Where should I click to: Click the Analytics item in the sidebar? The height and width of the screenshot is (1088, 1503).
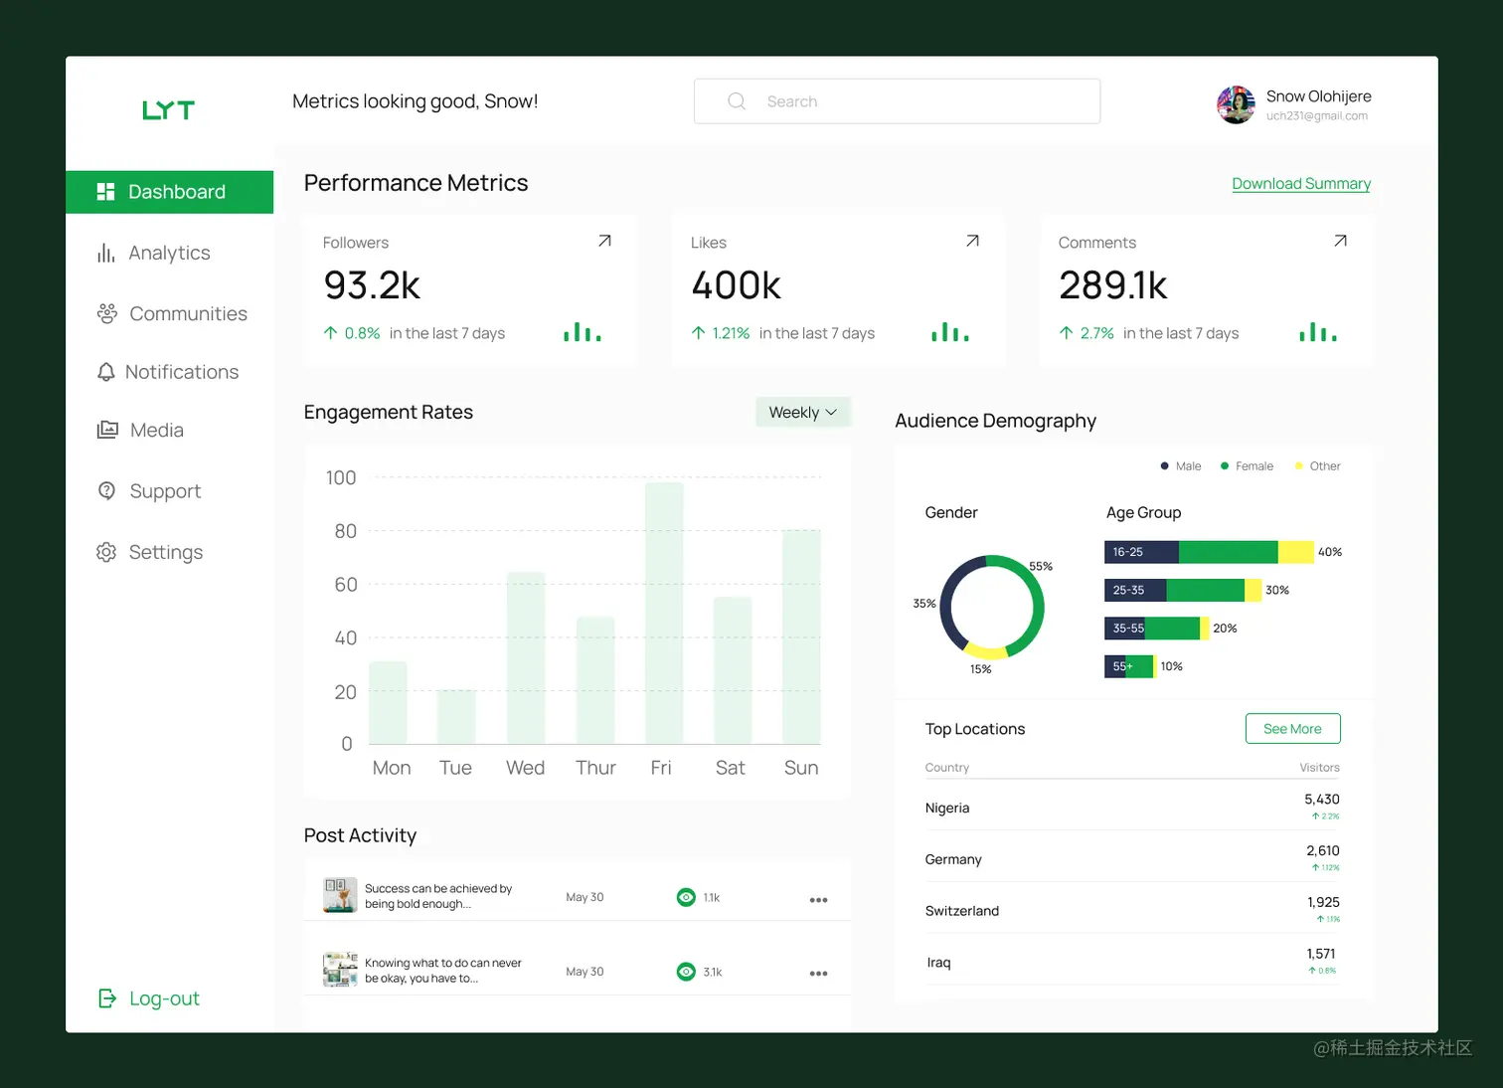pos(168,254)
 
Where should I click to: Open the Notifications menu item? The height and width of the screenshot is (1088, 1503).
pos(181,372)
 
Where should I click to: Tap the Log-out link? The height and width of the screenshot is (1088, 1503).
pos(163,998)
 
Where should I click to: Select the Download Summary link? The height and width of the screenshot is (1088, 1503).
pos(1300,184)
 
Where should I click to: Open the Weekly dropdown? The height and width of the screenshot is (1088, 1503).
pos(802,412)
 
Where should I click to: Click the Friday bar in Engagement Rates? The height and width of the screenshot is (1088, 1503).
pos(664,613)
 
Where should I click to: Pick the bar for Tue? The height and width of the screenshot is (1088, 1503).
pos(456,716)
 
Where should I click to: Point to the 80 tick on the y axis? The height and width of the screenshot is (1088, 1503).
pos(345,531)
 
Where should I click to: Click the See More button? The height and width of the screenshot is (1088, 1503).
pos(1292,729)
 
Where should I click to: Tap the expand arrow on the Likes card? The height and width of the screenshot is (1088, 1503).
pos(972,241)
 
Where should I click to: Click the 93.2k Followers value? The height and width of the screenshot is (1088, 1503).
pos(372,285)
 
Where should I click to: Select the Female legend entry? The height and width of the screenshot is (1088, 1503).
pos(1252,466)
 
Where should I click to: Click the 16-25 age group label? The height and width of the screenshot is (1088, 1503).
pos(1128,552)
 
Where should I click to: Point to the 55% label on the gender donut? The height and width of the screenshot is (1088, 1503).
pos(1041,567)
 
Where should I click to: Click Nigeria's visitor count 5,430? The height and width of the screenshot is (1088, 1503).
pos(1321,800)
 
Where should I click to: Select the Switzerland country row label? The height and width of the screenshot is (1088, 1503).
pos(961,911)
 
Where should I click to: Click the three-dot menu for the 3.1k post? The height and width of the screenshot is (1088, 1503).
pos(818,974)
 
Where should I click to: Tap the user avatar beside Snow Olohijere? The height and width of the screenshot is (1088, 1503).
pos(1236,104)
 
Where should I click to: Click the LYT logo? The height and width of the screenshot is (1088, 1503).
pos(168,110)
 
